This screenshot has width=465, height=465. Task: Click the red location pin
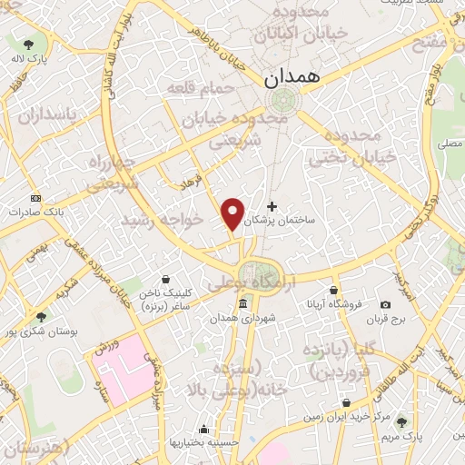(x=233, y=214)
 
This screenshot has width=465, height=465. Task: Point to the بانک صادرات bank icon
(x=35, y=198)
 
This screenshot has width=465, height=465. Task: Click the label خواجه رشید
(x=158, y=221)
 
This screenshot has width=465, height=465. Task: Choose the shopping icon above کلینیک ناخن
(x=164, y=280)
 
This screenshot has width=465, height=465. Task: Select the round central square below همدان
(x=281, y=102)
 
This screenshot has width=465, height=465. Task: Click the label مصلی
(x=449, y=143)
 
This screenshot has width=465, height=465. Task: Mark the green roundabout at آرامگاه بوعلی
(x=254, y=273)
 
